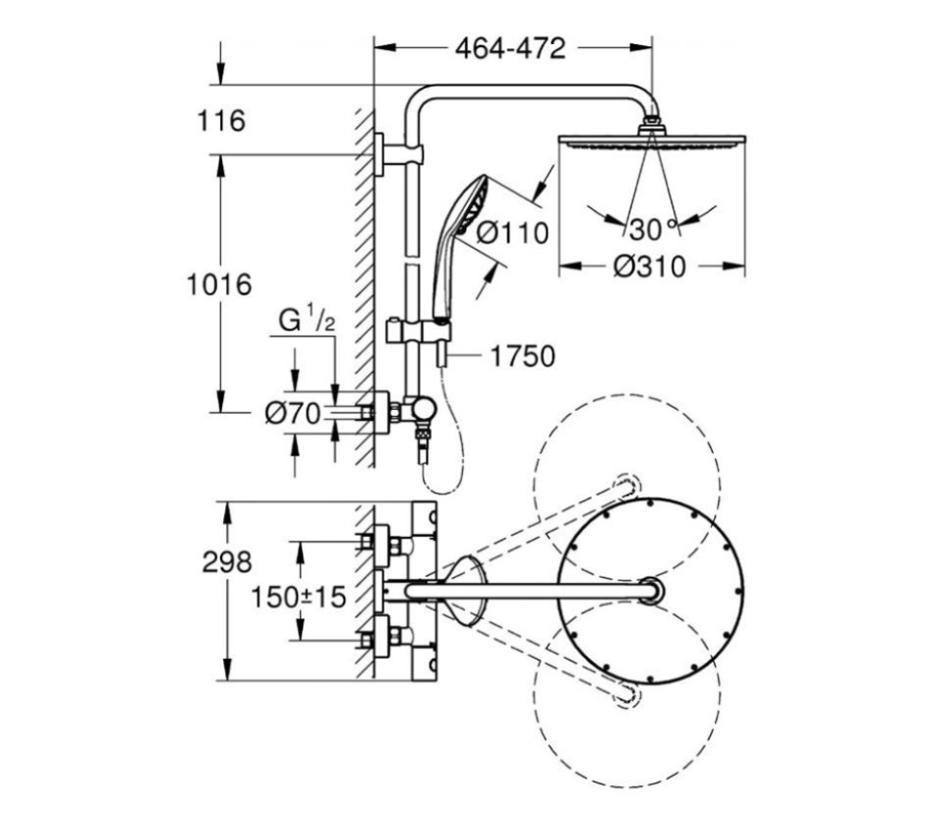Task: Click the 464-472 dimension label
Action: click(510, 47)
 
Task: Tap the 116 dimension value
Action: click(220, 121)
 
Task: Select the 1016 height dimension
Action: click(219, 284)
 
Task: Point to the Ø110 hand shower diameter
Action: click(511, 233)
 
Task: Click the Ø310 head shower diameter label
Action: click(649, 266)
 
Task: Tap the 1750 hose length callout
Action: click(522, 356)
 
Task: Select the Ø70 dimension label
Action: click(292, 414)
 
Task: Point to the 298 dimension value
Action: click(226, 562)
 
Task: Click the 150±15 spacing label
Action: click(297, 597)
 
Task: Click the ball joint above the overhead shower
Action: click(651, 126)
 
